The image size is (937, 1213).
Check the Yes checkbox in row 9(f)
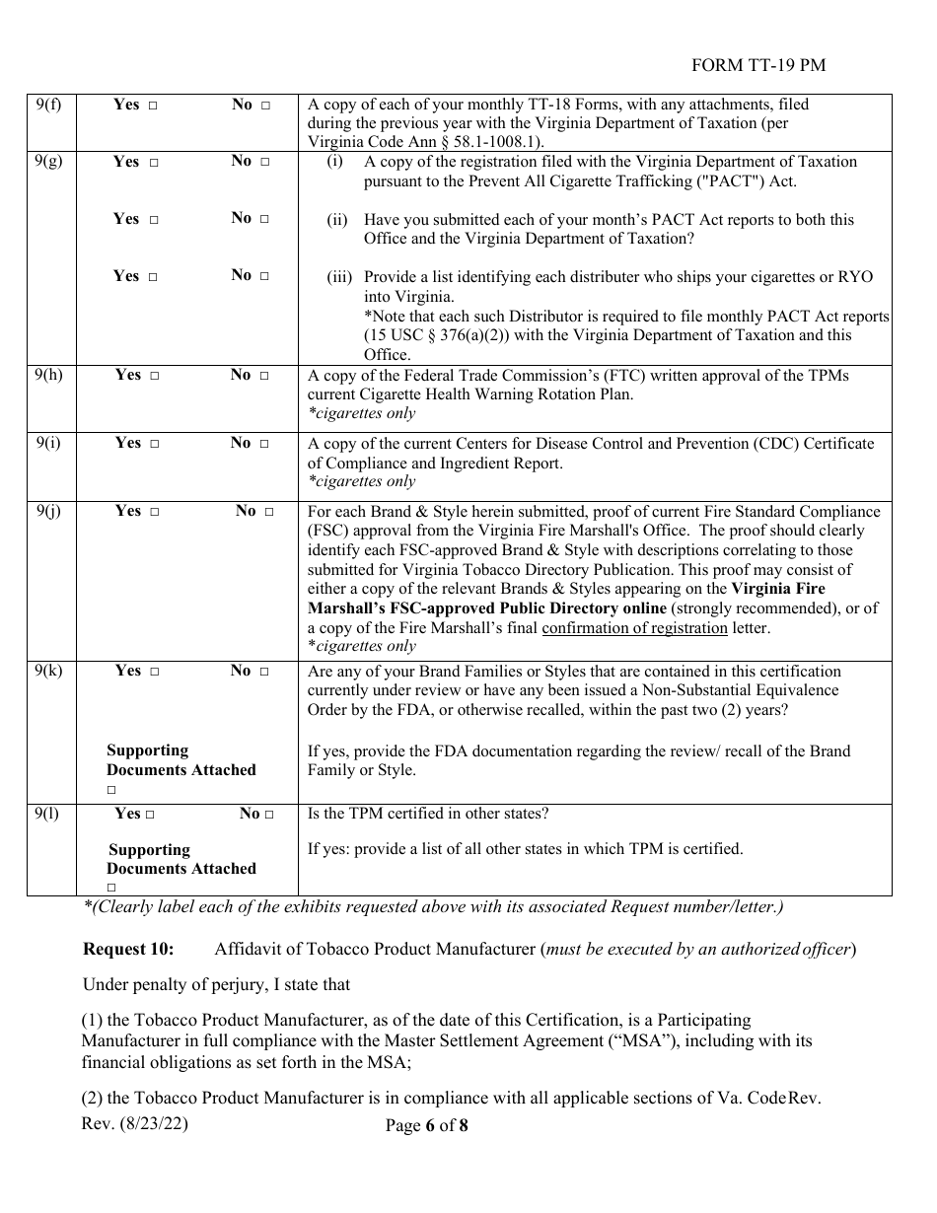(153, 105)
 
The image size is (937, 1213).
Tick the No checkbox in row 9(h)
(264, 376)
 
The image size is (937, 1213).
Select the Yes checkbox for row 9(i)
(154, 444)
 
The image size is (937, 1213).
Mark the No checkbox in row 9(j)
(269, 512)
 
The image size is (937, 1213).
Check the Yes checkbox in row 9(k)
(154, 672)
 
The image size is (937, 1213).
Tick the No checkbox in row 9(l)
(269, 815)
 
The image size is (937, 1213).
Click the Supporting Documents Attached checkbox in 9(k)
(111, 790)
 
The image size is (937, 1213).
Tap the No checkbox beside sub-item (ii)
(264, 219)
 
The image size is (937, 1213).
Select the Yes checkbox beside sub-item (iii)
(153, 277)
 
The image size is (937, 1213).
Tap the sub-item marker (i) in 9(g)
(335, 162)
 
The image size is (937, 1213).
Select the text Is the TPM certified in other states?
(428, 814)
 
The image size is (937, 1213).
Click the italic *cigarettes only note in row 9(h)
(361, 413)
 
